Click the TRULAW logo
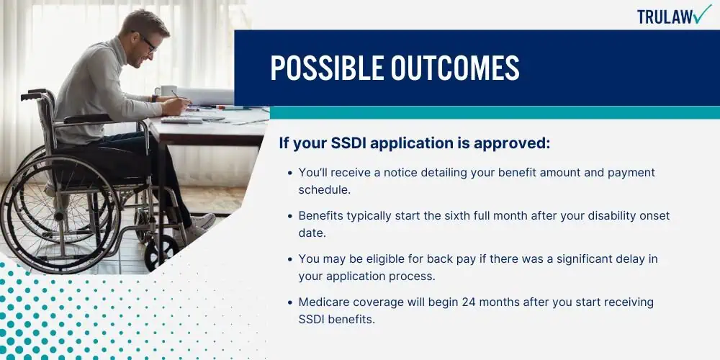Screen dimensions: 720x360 pos(674,15)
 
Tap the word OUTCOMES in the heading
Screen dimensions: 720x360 pos(455,68)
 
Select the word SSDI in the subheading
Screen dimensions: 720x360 pos(348,144)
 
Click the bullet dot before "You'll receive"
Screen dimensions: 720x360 pos(289,173)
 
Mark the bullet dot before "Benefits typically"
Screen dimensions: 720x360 pos(289,216)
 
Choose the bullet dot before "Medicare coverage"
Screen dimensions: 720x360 pos(289,302)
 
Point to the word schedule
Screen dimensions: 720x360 pos(325,189)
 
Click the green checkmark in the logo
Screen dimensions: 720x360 pos(702,14)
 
